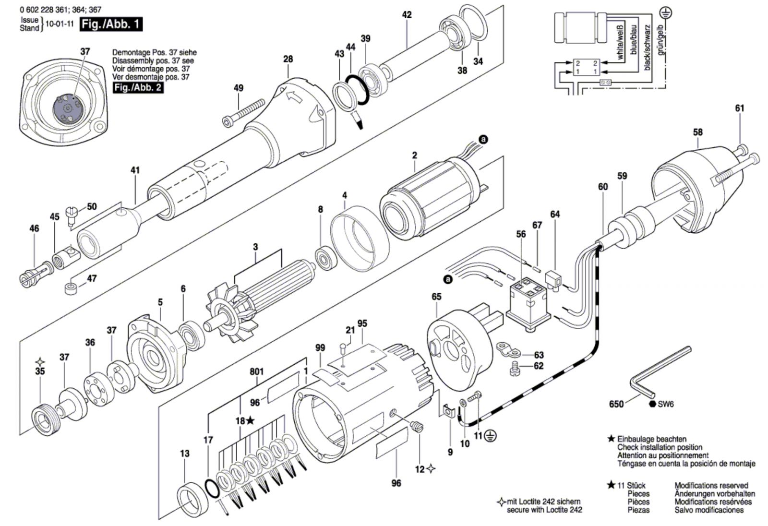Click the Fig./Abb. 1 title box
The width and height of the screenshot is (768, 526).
(111, 24)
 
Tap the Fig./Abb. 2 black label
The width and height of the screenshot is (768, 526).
(138, 87)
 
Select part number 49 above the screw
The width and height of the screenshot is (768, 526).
(239, 88)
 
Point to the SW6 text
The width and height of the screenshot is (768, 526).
(666, 404)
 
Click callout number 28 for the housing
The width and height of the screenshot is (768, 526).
(288, 59)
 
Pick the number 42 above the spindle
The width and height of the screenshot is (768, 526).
(407, 15)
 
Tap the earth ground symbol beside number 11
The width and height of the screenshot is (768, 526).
(492, 436)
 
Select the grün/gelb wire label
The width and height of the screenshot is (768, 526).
(661, 40)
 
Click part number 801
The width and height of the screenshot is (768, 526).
(257, 371)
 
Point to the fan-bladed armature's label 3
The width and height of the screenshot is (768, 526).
(255, 247)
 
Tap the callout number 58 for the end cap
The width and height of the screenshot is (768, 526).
(697, 131)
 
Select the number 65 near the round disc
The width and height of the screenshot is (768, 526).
(436, 297)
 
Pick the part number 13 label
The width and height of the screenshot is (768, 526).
(185, 453)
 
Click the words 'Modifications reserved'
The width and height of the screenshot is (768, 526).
(711, 485)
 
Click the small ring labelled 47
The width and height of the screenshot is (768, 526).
(71, 289)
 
